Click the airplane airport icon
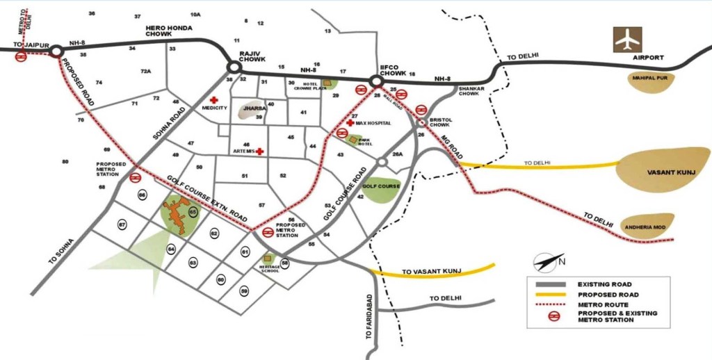626,40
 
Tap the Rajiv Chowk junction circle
234,67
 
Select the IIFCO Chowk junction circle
377,82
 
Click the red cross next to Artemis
259,151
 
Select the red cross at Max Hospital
350,123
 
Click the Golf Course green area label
381,186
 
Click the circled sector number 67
122,224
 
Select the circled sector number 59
244,291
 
